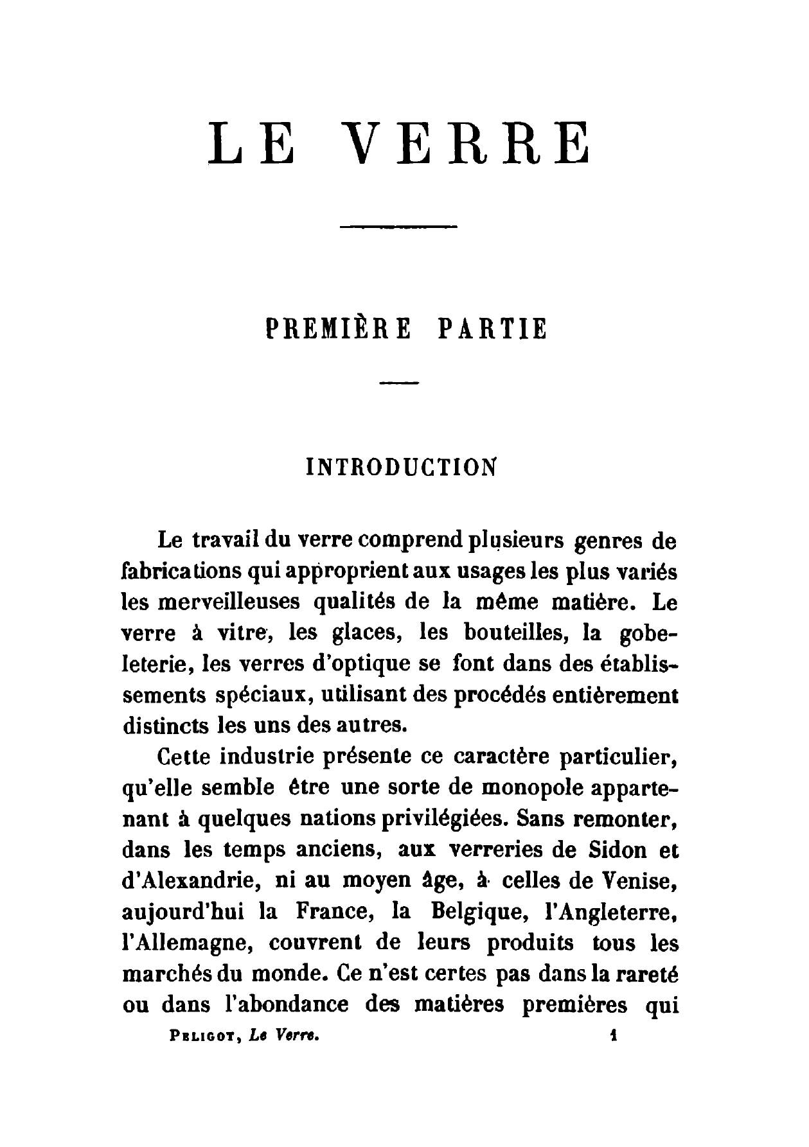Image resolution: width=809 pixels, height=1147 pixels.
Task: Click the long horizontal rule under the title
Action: click(397, 227)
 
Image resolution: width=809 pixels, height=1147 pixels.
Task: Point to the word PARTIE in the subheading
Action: click(492, 329)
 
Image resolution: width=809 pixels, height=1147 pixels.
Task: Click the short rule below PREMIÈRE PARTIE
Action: click(399, 383)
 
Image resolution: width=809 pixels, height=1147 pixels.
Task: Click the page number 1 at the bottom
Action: click(614, 1034)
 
